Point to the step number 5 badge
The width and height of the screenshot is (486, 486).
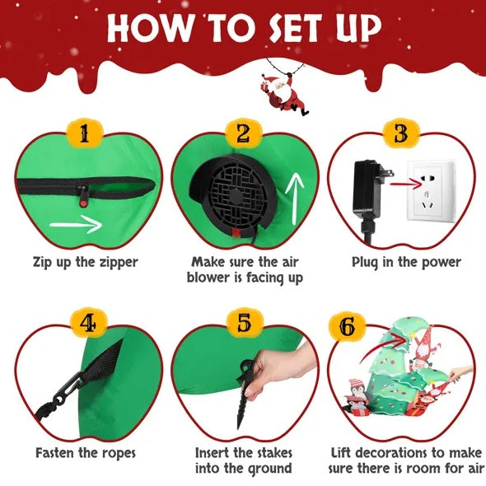(243, 324)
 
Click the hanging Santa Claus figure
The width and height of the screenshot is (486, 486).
(283, 91)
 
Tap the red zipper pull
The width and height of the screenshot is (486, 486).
(84, 194)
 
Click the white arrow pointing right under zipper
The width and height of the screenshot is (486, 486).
(75, 224)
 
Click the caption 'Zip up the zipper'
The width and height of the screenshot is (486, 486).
(86, 263)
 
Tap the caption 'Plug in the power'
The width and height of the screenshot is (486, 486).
(406, 263)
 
